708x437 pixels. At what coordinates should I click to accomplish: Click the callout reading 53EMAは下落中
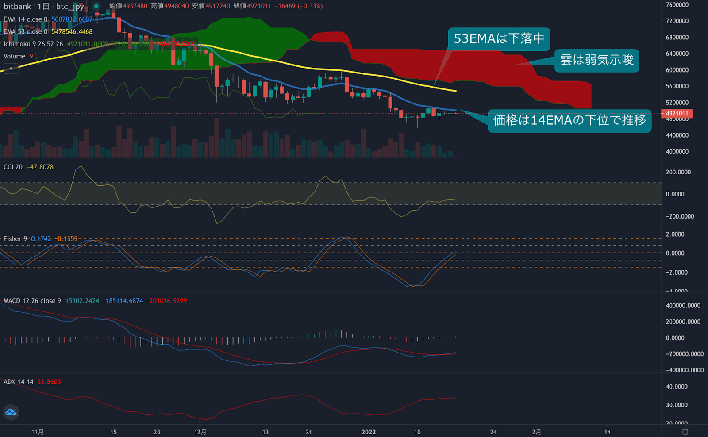coord(499,39)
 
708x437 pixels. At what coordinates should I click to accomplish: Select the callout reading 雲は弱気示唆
coord(596,60)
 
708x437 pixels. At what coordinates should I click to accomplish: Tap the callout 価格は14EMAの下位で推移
coord(569,120)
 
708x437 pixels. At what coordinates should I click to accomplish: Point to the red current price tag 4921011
coord(677,114)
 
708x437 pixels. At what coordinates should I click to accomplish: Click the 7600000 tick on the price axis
coord(677,5)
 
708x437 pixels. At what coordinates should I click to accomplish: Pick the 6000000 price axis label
coord(677,70)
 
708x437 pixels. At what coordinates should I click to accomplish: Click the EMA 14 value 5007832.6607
coord(72,19)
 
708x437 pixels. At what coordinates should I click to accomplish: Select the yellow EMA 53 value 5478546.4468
coord(72,32)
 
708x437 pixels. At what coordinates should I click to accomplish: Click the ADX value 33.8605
coord(49,382)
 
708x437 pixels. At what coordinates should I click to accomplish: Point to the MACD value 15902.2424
coord(82,301)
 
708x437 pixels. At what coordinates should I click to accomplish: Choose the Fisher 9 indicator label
coord(15,239)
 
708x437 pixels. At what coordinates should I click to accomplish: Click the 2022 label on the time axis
coord(369,432)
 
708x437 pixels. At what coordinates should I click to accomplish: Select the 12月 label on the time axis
coord(200,432)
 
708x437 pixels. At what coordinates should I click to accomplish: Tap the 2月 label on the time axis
coord(536,432)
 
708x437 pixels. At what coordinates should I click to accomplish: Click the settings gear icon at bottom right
coord(685,432)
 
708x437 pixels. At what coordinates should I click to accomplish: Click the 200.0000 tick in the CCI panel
coord(678,172)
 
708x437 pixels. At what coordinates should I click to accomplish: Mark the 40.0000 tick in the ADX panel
coord(677,387)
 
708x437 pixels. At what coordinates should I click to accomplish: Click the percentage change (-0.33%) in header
coord(310,6)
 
